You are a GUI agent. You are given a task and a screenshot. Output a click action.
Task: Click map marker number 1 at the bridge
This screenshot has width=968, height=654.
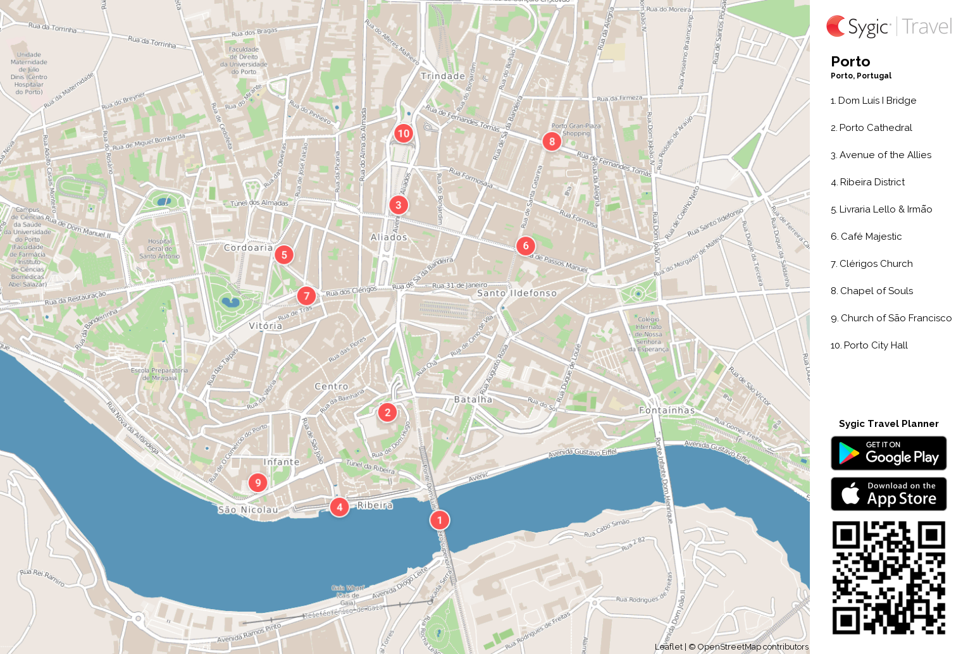439,520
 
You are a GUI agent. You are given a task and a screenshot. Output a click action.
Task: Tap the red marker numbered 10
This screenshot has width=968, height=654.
403,133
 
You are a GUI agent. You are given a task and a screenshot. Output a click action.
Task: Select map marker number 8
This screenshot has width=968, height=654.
552,141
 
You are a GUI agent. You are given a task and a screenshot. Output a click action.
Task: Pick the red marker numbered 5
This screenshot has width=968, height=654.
284,255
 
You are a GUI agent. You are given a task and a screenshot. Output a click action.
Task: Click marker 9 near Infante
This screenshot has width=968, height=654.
258,483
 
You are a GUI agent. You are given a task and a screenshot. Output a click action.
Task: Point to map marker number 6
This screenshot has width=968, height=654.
525,246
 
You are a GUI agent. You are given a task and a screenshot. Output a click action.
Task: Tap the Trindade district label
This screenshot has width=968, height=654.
443,76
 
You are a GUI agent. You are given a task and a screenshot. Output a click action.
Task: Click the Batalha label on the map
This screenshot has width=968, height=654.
473,400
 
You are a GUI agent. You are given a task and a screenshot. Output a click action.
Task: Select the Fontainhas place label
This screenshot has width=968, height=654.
667,410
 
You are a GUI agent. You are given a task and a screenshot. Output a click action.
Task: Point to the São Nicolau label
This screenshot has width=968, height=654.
248,510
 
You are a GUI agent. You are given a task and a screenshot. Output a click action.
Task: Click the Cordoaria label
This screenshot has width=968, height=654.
248,248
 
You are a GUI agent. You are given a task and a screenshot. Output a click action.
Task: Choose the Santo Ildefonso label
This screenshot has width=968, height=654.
517,293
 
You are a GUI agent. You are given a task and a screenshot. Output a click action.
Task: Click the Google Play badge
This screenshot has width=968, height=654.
888,453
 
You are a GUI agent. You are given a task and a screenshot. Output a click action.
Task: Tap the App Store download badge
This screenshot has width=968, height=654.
888,494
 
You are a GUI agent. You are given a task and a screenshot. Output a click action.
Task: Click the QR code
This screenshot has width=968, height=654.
888,577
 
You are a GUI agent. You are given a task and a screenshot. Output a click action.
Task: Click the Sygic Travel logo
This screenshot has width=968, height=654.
888,27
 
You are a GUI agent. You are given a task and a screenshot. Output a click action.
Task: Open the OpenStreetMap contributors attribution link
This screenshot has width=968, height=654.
752,647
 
